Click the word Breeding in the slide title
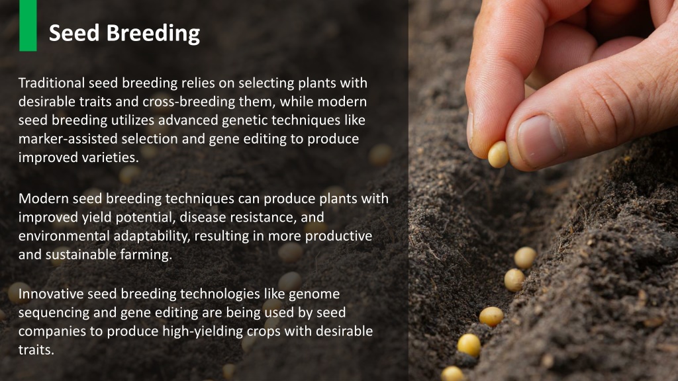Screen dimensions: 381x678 point(162,32)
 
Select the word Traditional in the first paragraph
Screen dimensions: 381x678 point(52,83)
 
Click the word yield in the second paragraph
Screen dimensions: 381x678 point(79,218)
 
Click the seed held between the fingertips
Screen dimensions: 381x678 point(498,154)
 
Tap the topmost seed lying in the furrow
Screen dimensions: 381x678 point(525,257)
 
